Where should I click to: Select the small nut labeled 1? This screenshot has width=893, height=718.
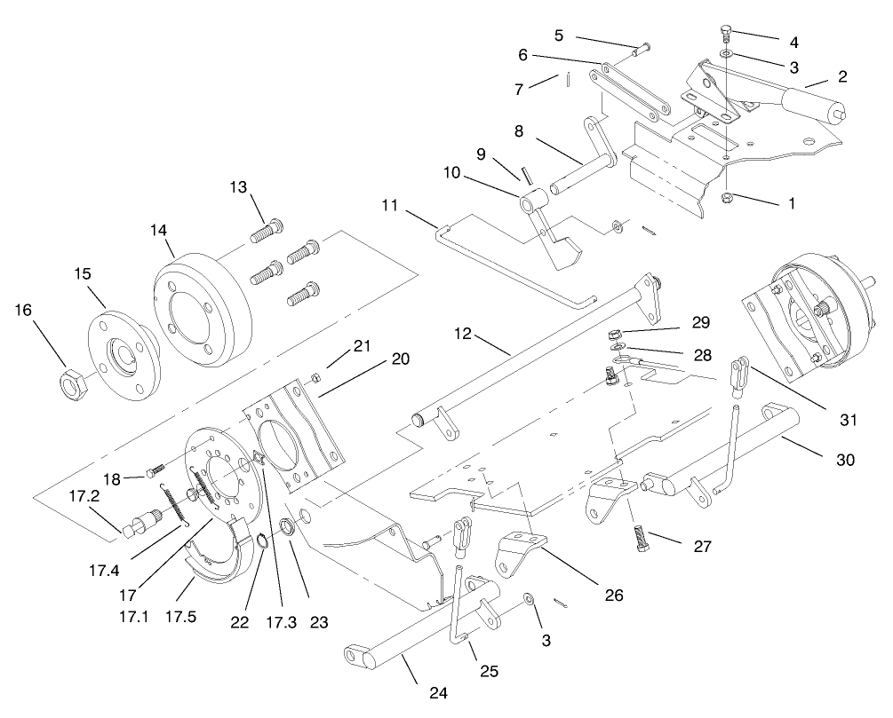click(726, 197)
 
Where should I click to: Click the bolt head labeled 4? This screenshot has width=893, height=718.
click(724, 35)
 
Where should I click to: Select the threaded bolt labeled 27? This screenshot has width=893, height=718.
click(642, 537)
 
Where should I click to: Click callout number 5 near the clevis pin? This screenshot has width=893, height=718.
click(558, 36)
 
